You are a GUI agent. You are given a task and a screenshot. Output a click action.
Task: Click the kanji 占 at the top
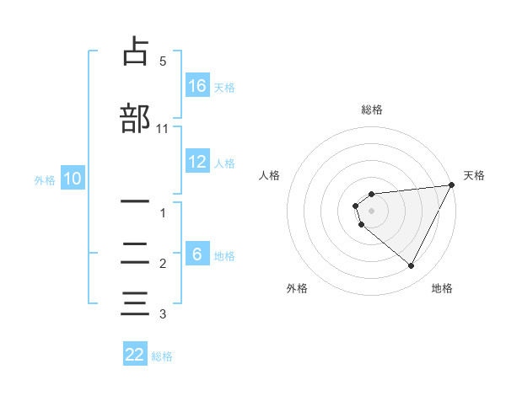click(135, 52)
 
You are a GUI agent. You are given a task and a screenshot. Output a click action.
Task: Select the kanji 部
click(136, 118)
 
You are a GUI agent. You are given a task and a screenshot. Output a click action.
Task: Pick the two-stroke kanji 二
click(135, 253)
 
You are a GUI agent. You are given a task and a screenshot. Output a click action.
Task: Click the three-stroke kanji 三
click(135, 302)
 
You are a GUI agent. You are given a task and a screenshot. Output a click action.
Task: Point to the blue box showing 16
click(198, 85)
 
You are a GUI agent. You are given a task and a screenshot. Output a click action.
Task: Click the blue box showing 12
click(198, 162)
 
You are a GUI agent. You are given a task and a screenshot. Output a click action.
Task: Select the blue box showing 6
click(198, 254)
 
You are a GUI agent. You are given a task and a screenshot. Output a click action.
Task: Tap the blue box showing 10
click(73, 179)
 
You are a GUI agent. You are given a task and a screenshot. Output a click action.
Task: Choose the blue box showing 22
click(135, 355)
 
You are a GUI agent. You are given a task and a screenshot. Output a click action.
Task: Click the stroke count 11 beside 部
click(163, 128)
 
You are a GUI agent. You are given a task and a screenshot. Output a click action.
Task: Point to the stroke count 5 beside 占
click(163, 62)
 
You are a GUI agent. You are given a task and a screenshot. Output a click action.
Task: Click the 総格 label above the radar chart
click(372, 110)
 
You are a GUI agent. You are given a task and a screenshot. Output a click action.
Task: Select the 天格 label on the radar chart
click(474, 175)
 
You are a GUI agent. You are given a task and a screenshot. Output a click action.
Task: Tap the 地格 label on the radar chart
click(442, 288)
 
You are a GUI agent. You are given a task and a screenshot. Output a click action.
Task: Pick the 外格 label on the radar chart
click(297, 288)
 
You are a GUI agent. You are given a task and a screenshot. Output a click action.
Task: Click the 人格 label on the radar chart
click(270, 175)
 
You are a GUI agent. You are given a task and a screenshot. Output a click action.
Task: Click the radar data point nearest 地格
click(411, 266)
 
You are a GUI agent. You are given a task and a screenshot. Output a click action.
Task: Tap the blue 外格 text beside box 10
click(45, 179)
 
